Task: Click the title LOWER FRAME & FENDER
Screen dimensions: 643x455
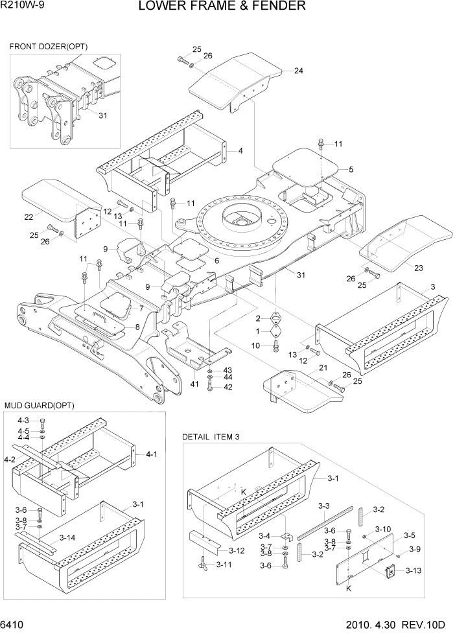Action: click(222, 7)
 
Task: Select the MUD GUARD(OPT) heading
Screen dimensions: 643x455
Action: click(40, 405)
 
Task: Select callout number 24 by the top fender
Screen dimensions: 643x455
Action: click(298, 71)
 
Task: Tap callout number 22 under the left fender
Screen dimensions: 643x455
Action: click(29, 216)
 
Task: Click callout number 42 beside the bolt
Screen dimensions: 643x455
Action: click(227, 387)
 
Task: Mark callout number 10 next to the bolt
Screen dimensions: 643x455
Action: click(256, 345)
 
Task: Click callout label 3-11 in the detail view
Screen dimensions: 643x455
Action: click(224, 565)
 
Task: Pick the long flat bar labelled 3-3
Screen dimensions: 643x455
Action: click(324, 522)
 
